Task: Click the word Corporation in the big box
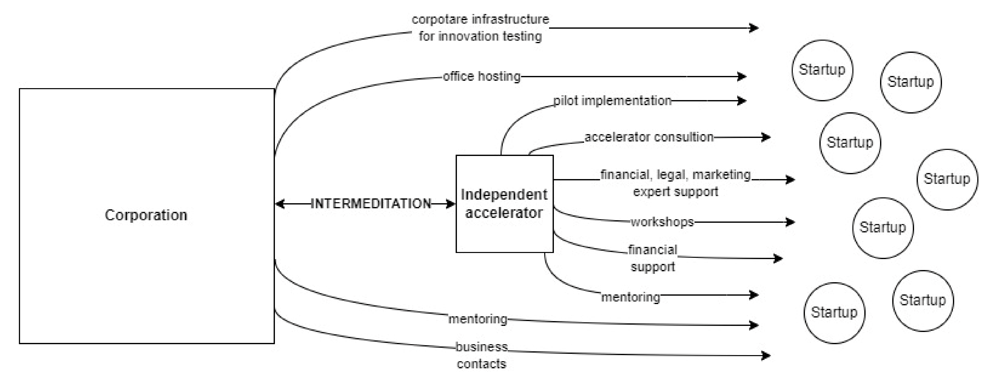[146, 215]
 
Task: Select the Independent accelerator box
[504, 204]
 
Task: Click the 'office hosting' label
[481, 76]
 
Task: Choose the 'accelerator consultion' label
[649, 137]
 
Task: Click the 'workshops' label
[662, 222]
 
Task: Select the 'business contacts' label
[481, 355]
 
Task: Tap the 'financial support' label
[653, 258]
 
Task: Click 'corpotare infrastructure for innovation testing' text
[480, 28]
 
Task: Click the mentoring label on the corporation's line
[477, 319]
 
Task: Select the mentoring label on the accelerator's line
[630, 297]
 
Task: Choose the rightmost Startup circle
[947, 179]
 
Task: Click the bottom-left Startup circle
[834, 312]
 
